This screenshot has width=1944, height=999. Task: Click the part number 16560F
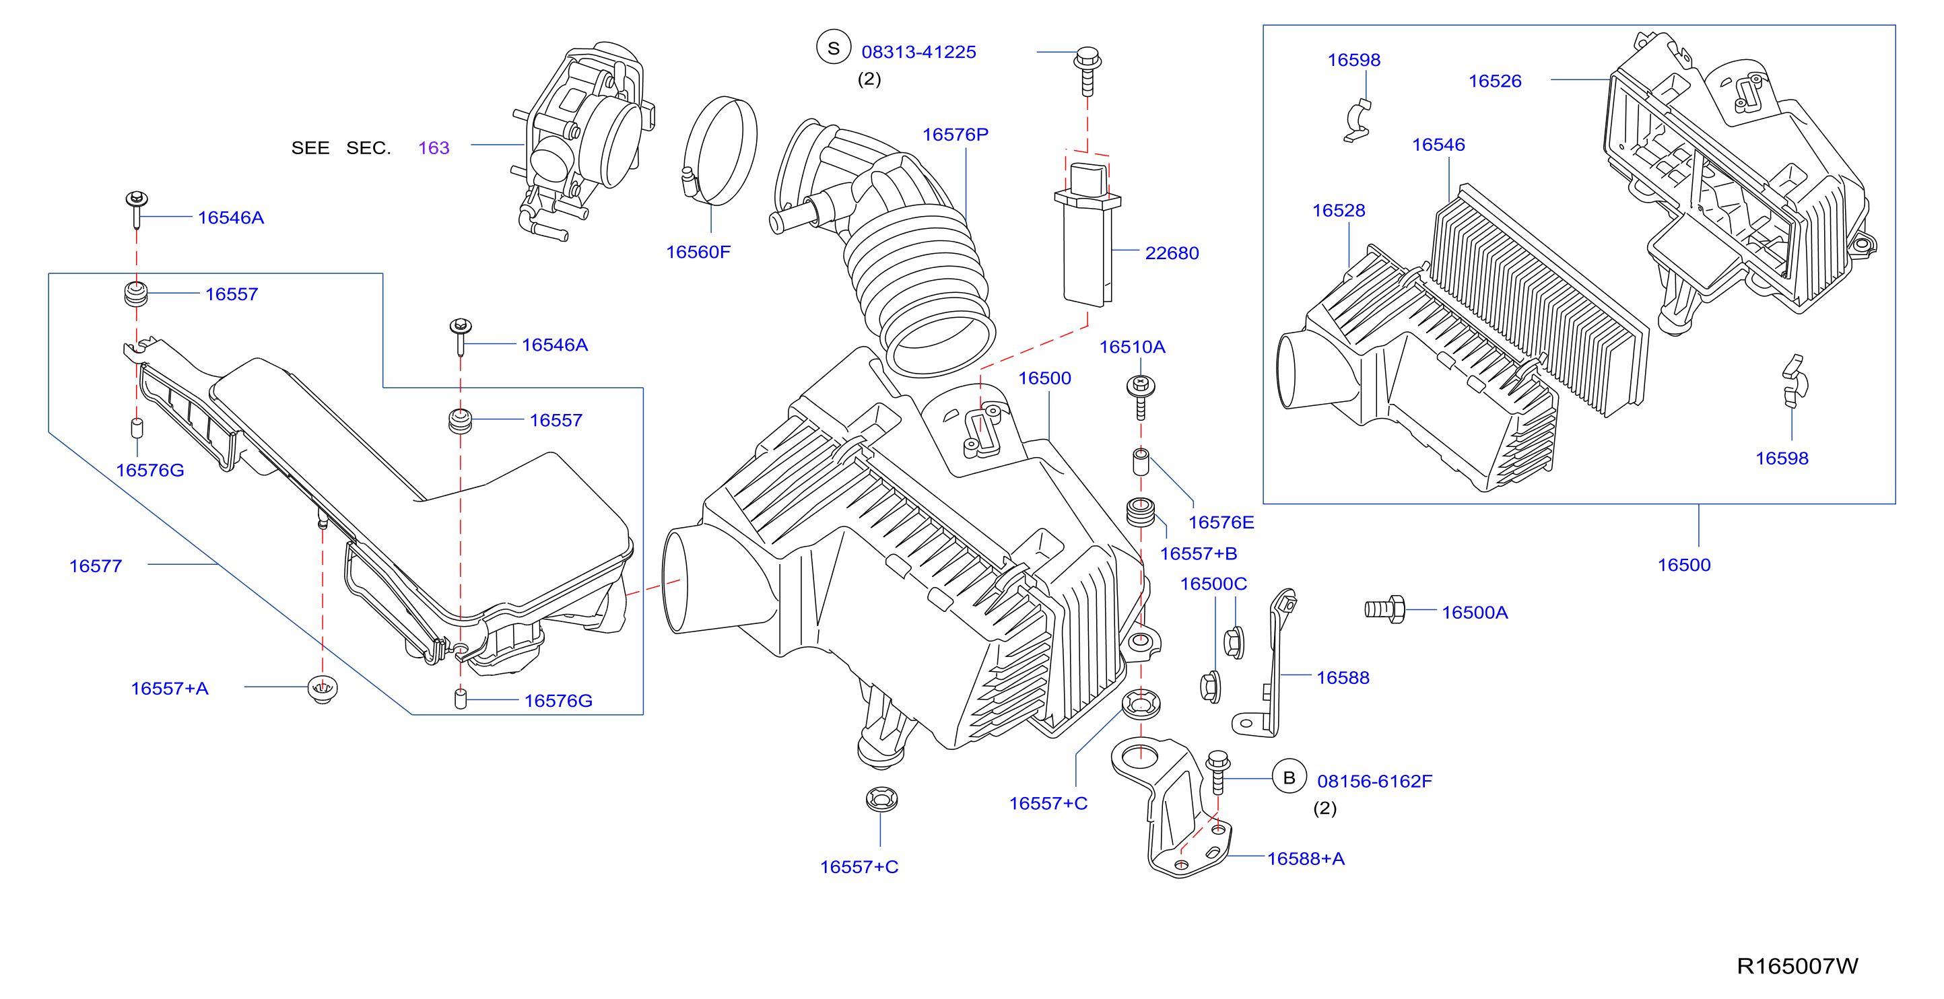pos(698,252)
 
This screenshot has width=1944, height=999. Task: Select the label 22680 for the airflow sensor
pos(1171,252)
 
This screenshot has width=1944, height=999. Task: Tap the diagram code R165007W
pos(1797,966)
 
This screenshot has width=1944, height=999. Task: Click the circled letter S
pos(833,48)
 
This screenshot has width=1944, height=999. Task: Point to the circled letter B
pos(1289,777)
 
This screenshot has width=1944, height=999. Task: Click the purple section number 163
pos(434,148)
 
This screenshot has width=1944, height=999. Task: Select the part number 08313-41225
pos(918,52)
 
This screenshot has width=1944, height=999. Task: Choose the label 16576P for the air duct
pos(955,135)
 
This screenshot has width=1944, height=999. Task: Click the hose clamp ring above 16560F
pos(720,151)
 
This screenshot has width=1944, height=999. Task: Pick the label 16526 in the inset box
pos(1494,81)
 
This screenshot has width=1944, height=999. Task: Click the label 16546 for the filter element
pos(1438,145)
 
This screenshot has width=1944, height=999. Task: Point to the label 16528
pos(1338,211)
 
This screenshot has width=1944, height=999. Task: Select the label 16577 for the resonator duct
pos(95,566)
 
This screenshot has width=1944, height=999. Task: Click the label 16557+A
pos(169,688)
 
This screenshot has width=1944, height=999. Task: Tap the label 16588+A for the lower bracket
pos(1305,859)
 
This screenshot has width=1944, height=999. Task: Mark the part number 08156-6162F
pos(1374,781)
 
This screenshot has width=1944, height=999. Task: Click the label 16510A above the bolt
pos(1131,347)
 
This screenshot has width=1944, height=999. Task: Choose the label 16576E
pos(1220,522)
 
